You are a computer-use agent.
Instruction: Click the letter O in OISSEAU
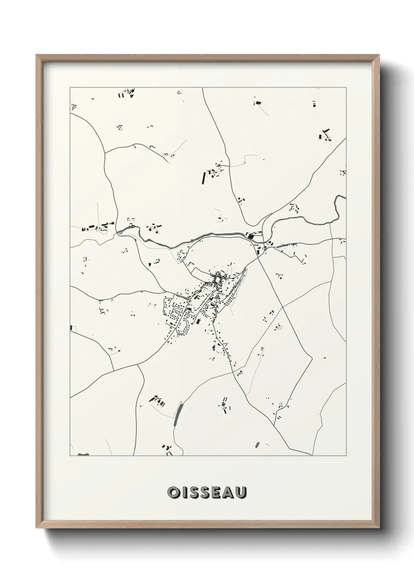pyautogui.click(x=173, y=493)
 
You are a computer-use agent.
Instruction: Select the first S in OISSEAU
pyautogui.click(x=194, y=493)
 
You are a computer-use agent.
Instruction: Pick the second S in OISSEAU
pyautogui.click(x=206, y=493)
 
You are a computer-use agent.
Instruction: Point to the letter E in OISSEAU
pyautogui.click(x=218, y=493)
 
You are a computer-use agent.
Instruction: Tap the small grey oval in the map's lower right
pyautogui.click(x=257, y=444)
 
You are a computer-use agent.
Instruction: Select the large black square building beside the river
pyautogui.click(x=251, y=236)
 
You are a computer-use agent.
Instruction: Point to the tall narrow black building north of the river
pyautogui.click(x=203, y=178)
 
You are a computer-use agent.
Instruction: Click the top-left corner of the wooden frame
pyautogui.click(x=36, y=55)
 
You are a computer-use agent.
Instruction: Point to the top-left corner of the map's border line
pyautogui.click(x=70, y=88)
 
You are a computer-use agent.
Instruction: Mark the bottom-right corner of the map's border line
pyautogui.click(x=346, y=455)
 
